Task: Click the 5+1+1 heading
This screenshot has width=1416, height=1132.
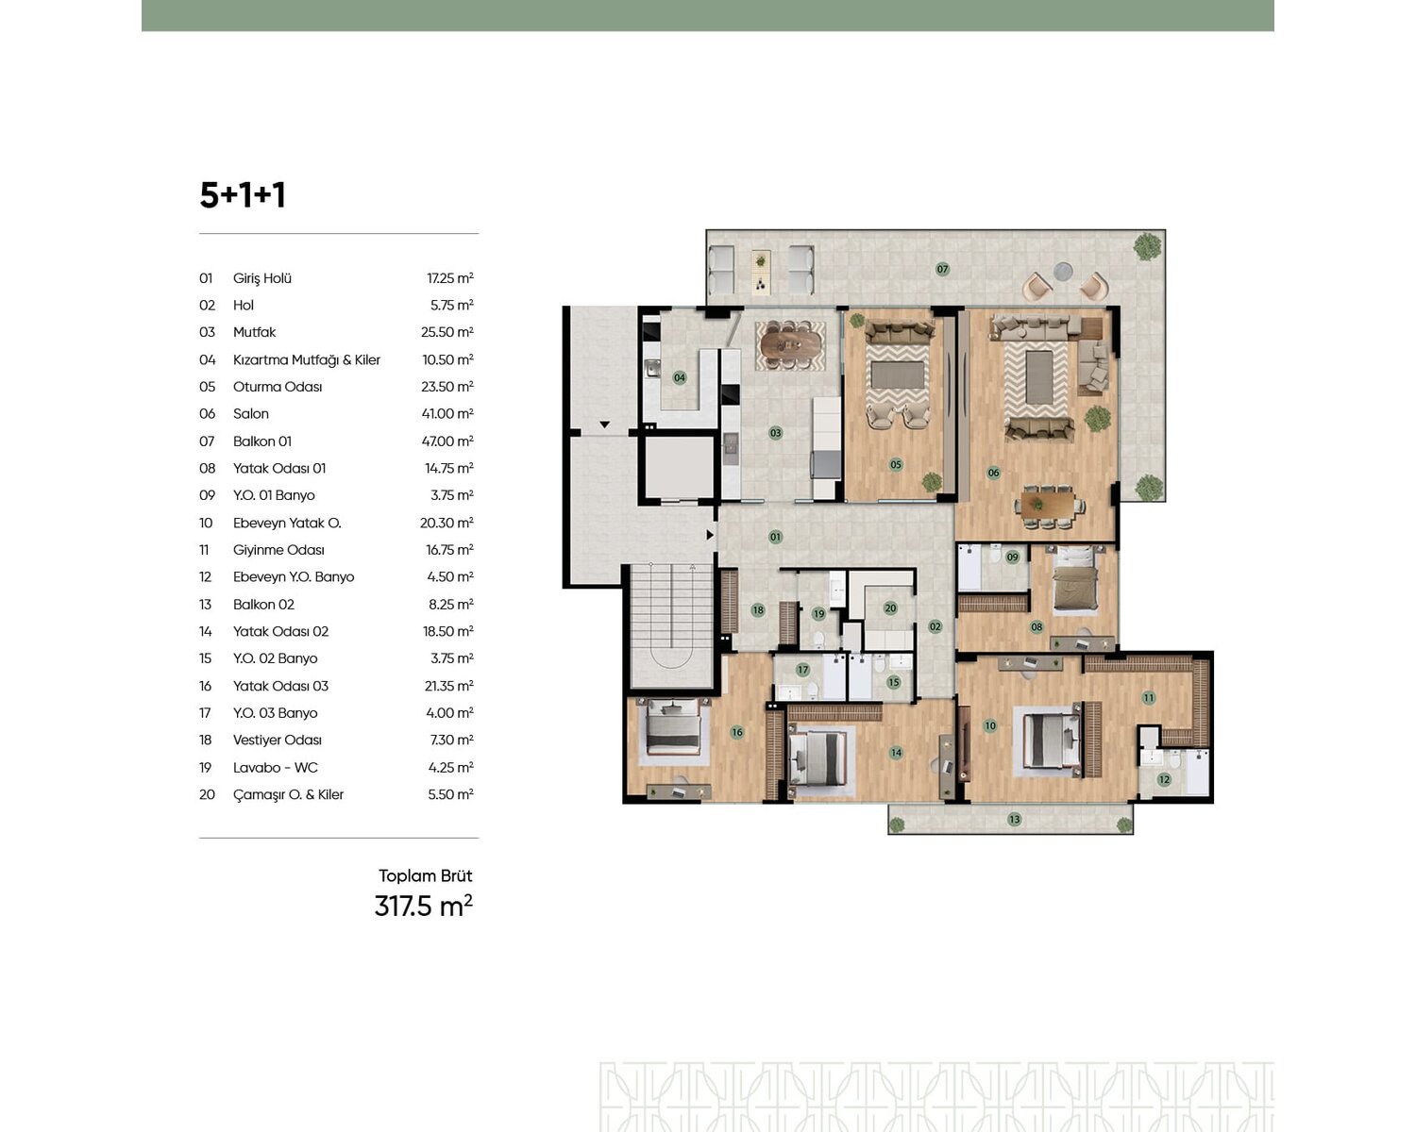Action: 243,194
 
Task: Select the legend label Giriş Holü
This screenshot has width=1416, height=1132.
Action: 261,278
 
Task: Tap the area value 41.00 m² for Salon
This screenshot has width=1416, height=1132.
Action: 447,414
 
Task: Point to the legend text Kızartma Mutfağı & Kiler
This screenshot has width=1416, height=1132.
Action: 307,359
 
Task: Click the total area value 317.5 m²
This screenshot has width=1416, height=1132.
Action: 424,906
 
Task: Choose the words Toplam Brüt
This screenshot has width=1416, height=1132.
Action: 425,875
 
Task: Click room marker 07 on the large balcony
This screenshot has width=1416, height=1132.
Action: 942,269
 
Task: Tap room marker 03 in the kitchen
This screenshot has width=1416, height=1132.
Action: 775,433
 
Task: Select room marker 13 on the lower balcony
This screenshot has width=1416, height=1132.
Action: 1014,819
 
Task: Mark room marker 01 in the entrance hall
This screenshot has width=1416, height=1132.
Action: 775,537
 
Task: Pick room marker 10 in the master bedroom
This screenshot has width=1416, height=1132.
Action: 989,725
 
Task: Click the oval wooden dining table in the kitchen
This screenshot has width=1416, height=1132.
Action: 789,343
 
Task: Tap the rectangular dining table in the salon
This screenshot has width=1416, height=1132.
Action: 1050,506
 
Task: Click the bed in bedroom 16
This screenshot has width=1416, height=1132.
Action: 672,726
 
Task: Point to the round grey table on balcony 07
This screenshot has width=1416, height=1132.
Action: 1063,271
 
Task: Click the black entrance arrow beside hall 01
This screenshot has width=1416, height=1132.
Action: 710,536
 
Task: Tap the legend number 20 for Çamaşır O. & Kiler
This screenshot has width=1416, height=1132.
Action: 207,794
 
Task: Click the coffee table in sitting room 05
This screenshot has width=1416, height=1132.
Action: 898,375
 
